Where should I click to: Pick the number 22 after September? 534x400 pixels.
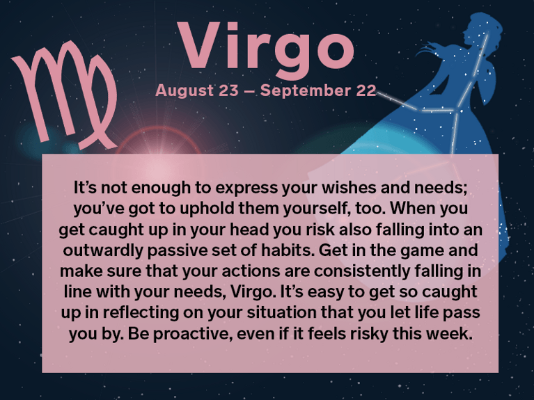click(x=365, y=91)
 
